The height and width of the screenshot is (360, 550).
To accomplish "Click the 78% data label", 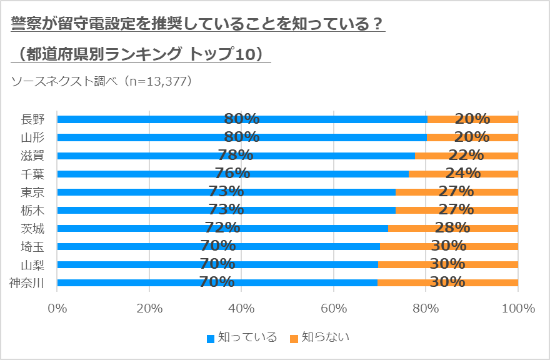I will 236,155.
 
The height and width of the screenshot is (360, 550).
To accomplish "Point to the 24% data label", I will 463,173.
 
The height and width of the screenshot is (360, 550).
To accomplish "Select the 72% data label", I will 222,227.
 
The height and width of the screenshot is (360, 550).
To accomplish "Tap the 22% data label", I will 466,155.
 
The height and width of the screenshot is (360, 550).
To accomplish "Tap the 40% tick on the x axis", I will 241,309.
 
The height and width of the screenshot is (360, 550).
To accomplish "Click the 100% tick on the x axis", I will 517,309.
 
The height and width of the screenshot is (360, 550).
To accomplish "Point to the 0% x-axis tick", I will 57,309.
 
